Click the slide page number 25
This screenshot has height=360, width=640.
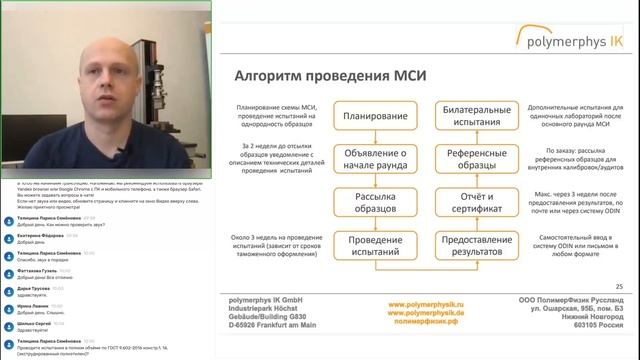[x=619, y=287]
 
